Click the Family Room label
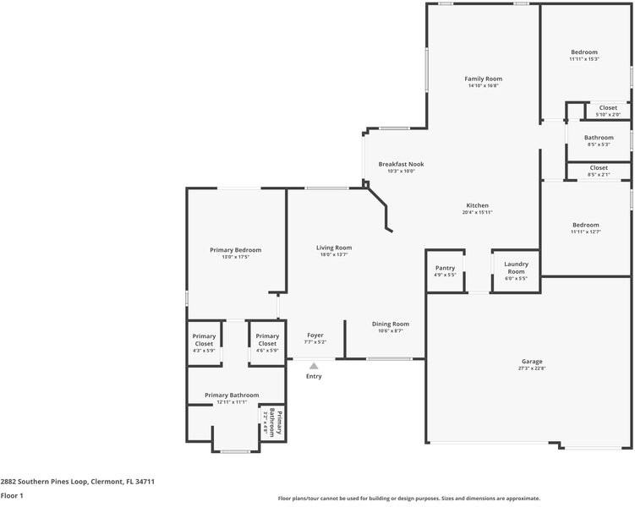point(483,79)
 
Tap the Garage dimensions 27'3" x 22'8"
point(532,368)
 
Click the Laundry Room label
point(516,268)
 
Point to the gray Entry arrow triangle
point(314,366)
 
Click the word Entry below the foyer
point(314,376)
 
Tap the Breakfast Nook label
point(401,164)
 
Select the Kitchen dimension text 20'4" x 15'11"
point(477,213)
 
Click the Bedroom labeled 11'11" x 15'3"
point(584,52)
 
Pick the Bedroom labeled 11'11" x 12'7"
point(585,225)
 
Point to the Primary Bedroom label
point(236,250)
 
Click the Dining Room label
point(391,324)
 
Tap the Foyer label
point(315,335)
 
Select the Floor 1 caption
point(12,496)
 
